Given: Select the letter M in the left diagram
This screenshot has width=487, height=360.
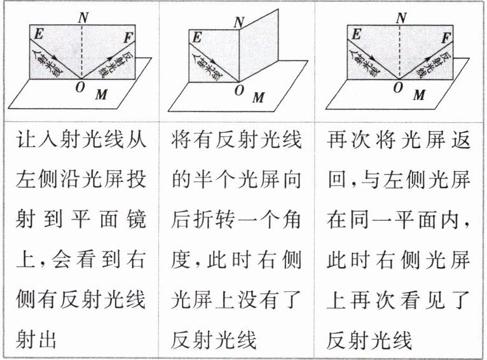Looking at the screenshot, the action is [x=100, y=95].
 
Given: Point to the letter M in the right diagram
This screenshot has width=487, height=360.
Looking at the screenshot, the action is [x=418, y=95].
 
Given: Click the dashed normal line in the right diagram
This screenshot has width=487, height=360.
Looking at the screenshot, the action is [x=400, y=51].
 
